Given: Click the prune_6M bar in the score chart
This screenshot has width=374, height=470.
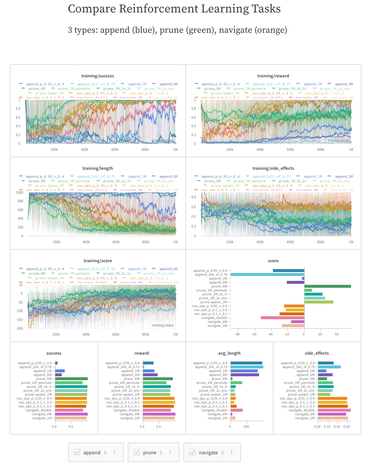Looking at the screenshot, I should pos(327,286).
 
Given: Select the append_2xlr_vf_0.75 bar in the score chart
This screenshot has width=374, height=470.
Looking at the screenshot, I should pos(267,275).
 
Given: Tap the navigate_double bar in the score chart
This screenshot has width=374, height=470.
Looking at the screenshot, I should pos(282,318).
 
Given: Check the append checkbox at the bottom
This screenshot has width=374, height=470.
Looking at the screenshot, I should pos(77,452).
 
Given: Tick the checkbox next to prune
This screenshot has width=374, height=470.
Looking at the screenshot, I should pos(137,452).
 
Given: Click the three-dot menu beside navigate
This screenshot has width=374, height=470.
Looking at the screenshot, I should pos(232,452).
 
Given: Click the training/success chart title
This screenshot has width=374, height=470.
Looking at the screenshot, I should pos(98,76).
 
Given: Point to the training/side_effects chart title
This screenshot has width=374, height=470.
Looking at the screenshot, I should pos(273,168).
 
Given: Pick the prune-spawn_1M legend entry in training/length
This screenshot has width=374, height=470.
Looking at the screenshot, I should pos(49,186).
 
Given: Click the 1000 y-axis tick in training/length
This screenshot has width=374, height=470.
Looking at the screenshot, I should pos(20,192).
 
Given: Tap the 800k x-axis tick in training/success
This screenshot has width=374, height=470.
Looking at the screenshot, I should pos(145,150).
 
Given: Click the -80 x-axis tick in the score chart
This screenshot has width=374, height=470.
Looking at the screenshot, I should pos(237,334).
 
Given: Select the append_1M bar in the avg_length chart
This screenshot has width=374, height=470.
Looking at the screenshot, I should pos(244,371).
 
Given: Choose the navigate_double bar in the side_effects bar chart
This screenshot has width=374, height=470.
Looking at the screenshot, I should pos(334,410).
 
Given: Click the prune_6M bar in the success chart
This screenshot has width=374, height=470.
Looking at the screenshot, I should pos(71,379).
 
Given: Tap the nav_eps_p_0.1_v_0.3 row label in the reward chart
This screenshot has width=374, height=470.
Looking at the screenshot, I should pos(123,402).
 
